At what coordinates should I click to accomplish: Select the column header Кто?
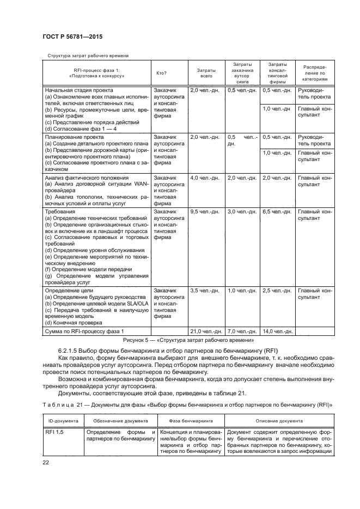tap(162, 73)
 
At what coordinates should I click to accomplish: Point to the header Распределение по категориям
tap(315, 73)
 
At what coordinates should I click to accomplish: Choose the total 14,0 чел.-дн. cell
tap(277, 331)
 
